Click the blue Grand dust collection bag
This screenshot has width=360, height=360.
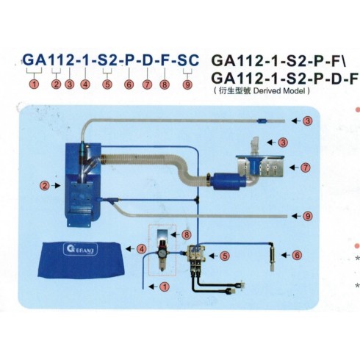coord(81,260)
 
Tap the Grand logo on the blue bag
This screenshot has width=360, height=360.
coord(81,249)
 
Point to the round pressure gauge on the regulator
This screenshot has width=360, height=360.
coord(162,253)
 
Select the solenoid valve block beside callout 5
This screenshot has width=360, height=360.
coord(195,255)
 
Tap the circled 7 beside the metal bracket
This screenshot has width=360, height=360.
coord(306,168)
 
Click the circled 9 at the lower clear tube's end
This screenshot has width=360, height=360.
coord(308,216)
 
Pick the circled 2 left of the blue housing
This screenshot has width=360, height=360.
coord(45,186)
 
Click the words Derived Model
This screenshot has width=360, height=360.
coord(280,91)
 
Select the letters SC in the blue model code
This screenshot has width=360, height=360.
coord(188,60)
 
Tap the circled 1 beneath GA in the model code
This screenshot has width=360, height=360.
coord(35,84)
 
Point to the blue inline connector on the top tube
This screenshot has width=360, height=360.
coord(262,120)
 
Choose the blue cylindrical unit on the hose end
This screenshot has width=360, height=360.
coord(229,181)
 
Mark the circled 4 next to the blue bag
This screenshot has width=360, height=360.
coord(142,249)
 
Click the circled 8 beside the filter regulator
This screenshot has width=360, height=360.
coord(187,234)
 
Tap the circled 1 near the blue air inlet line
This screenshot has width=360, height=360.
coord(165,287)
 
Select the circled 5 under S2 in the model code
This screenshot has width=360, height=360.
coord(107,84)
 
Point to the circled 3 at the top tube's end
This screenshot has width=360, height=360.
coord(308,120)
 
